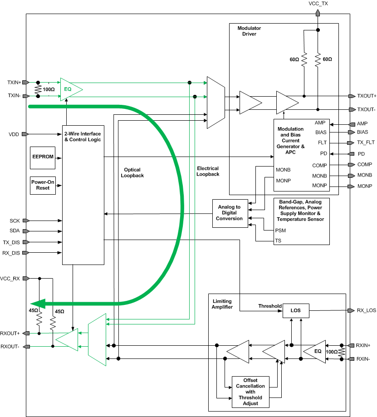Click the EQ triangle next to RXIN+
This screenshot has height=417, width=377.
click(x=316, y=352)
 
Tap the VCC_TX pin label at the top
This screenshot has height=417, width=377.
click(x=317, y=4)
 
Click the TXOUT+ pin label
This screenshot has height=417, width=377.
click(x=367, y=96)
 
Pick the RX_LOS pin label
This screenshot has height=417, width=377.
click(x=367, y=311)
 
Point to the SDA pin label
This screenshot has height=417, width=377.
click(x=15, y=231)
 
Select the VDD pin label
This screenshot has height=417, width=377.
click(x=14, y=134)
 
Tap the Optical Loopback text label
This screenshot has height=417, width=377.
click(x=132, y=172)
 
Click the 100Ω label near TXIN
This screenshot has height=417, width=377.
click(x=49, y=89)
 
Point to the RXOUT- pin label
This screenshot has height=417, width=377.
click(x=10, y=347)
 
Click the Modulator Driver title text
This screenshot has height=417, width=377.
click(x=249, y=31)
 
